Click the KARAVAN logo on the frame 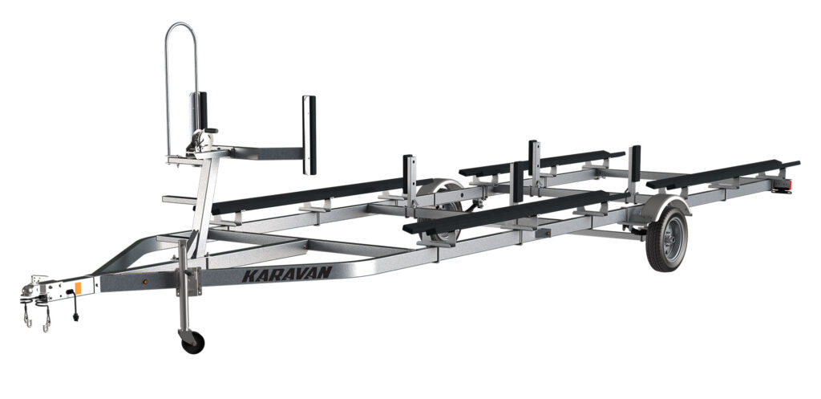click(287, 274)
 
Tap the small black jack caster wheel click(192, 342)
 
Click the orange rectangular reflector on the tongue click(78, 288)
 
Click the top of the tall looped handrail click(181, 25)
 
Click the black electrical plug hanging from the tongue click(76, 316)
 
